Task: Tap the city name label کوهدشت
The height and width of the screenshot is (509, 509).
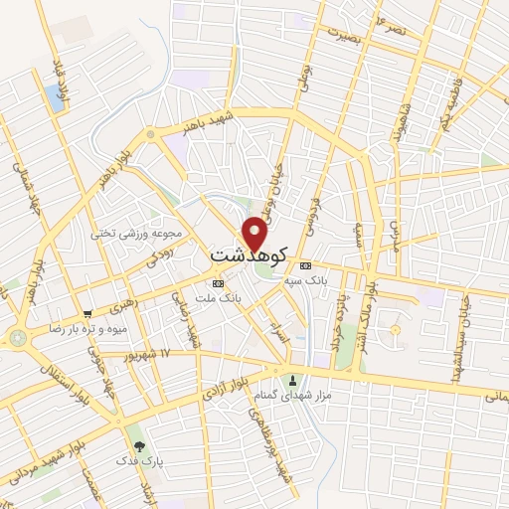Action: pyautogui.click(x=249, y=256)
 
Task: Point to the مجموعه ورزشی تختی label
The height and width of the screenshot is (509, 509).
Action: pyautogui.click(x=137, y=234)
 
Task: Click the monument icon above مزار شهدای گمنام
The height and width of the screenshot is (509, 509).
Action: pyautogui.click(x=292, y=381)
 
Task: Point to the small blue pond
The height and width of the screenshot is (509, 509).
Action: pyautogui.click(x=53, y=98)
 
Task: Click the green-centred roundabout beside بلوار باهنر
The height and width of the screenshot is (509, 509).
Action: pyautogui.click(x=150, y=133)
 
